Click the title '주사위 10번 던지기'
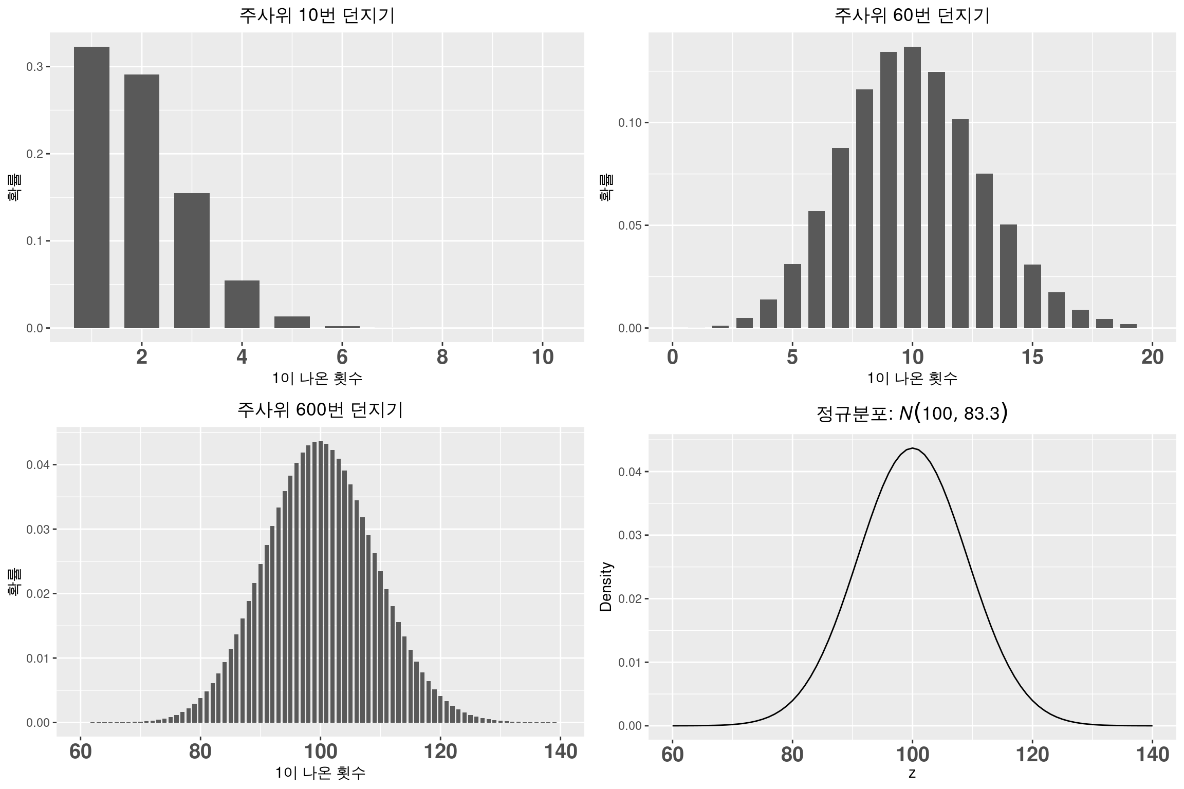click(317, 16)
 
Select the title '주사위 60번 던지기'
click(912, 16)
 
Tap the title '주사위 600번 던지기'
click(320, 410)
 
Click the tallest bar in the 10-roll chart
click(91, 187)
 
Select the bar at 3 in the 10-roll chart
click(192, 260)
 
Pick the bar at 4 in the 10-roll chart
click(242, 304)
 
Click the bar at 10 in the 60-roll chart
click(912, 187)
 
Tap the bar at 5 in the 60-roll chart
click(792, 296)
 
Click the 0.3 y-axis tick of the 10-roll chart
click(35, 67)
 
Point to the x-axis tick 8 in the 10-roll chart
click(442, 357)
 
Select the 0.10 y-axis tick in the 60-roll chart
click(630, 123)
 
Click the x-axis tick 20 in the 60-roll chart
click(1152, 357)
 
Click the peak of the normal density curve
click(912, 448)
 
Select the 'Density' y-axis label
click(606, 587)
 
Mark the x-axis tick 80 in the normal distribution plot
click(792, 755)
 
